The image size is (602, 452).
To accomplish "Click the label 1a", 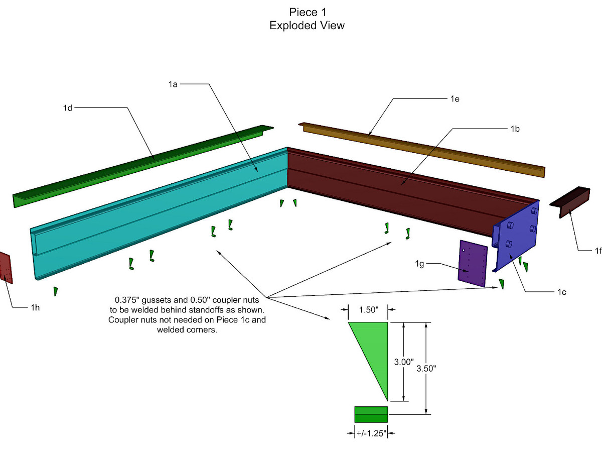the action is point(173,84).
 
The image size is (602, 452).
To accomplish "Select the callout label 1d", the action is point(68,108).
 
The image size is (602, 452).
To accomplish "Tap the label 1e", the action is point(455,99).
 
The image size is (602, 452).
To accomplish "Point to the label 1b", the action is point(515,129).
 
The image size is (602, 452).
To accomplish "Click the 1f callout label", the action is point(598,251).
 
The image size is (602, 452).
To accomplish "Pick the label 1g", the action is point(419,264).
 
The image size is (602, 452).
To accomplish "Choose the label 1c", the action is point(562,292).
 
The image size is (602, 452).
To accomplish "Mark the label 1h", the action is point(35,308).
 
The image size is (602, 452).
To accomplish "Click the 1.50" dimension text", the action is point(369,309).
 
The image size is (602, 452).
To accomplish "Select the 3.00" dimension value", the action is point(404,362).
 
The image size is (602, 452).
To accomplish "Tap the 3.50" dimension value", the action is point(426,368).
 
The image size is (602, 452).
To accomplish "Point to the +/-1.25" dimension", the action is point(371,433).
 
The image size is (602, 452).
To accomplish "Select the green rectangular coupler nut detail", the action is point(371,414).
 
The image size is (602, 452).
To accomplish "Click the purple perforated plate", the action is point(473,264).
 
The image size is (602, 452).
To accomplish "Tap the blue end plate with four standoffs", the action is point(516,236).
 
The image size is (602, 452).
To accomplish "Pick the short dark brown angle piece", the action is point(570,202).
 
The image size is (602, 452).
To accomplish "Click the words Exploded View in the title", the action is point(307,26).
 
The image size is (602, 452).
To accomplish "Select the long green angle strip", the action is point(142,167).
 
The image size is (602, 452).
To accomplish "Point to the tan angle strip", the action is point(422,150).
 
